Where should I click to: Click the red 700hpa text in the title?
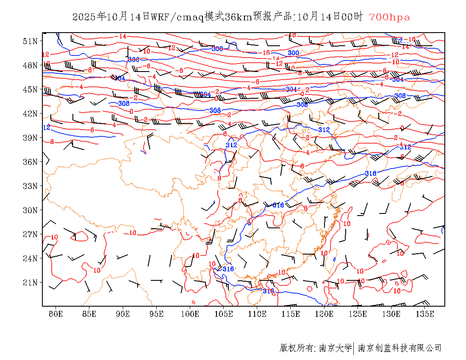[389, 17]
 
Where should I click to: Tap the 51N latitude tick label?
[30, 41]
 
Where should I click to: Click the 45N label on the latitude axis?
[30, 89]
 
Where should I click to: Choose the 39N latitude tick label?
[30, 138]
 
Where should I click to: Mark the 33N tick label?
[30, 186]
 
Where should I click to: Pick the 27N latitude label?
[30, 234]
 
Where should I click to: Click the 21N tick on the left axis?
[30, 282]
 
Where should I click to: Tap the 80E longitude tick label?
[56, 314]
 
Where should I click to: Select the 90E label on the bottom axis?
[123, 314]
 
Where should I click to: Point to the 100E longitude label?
[190, 314]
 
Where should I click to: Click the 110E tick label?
[257, 314]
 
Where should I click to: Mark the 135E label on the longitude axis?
[425, 314]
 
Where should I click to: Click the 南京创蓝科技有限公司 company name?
[400, 348]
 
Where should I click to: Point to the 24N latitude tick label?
[30, 258]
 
